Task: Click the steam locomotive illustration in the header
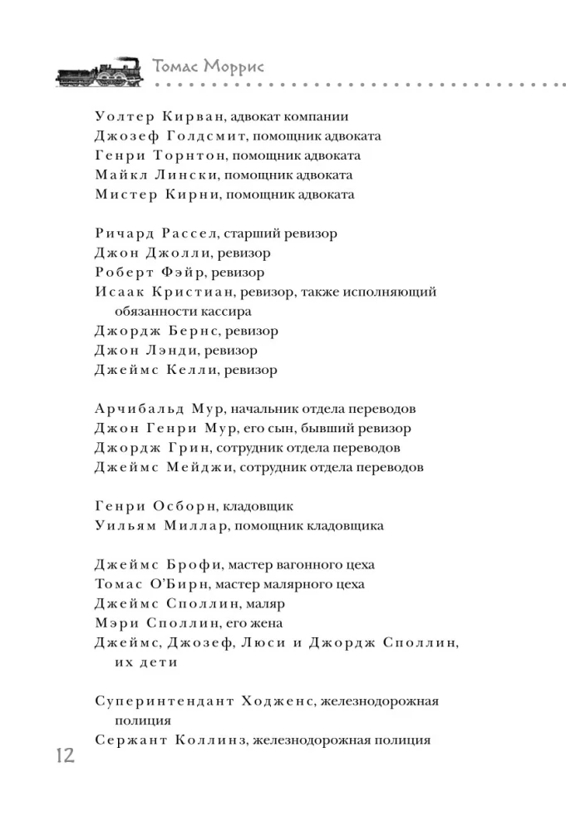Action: (101, 73)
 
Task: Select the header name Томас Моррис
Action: (209, 67)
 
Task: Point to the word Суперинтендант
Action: (165, 701)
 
